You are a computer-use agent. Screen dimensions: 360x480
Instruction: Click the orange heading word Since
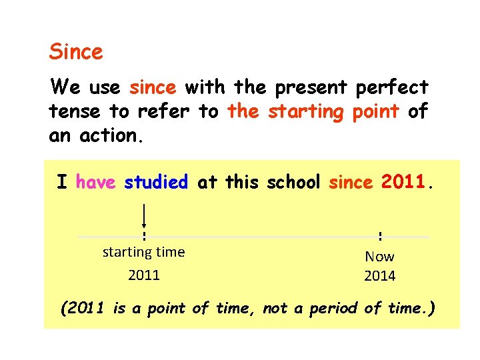coord(76,51)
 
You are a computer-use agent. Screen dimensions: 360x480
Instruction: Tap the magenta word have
coord(96,181)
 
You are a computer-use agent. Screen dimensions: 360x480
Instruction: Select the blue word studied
coord(156,181)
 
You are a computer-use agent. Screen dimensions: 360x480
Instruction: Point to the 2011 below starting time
coord(144,275)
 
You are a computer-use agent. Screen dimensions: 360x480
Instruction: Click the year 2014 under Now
coord(379,276)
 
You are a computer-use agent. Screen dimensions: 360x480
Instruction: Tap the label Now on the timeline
coord(379,256)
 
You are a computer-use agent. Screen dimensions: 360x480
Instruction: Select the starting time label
coord(143,252)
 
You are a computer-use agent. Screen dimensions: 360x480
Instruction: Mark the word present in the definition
coord(315,87)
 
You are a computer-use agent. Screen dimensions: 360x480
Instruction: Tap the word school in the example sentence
coord(294,181)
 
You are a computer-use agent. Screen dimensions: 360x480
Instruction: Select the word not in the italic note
coord(275,308)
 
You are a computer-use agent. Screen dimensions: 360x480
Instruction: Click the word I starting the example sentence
coord(61,181)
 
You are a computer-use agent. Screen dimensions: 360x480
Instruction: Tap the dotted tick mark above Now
coord(379,236)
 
